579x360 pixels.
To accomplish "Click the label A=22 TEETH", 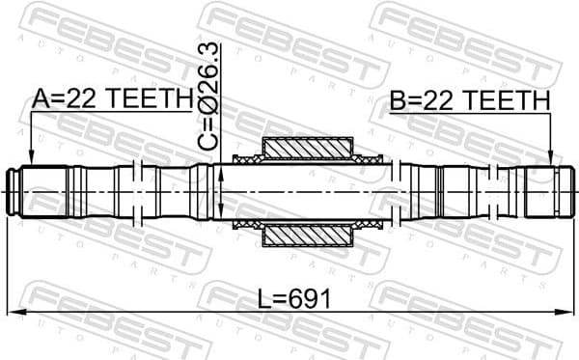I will coord(112,98).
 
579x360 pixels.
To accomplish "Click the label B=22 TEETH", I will coord(470,99).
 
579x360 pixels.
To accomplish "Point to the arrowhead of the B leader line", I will coord(549,161).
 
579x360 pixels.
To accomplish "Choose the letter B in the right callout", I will coord(397,99).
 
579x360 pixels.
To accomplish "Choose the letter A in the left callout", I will coord(40,98).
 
